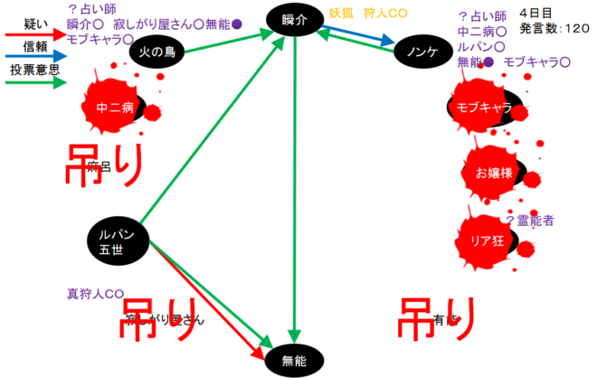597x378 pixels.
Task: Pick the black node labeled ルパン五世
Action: point(117,239)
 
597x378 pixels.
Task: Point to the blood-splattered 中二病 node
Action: point(115,107)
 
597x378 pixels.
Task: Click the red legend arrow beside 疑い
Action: point(33,38)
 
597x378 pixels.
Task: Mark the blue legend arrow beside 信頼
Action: point(33,61)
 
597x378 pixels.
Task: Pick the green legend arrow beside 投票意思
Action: point(33,84)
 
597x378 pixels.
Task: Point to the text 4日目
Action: point(540,14)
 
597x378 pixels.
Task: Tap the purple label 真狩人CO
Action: point(94,294)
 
